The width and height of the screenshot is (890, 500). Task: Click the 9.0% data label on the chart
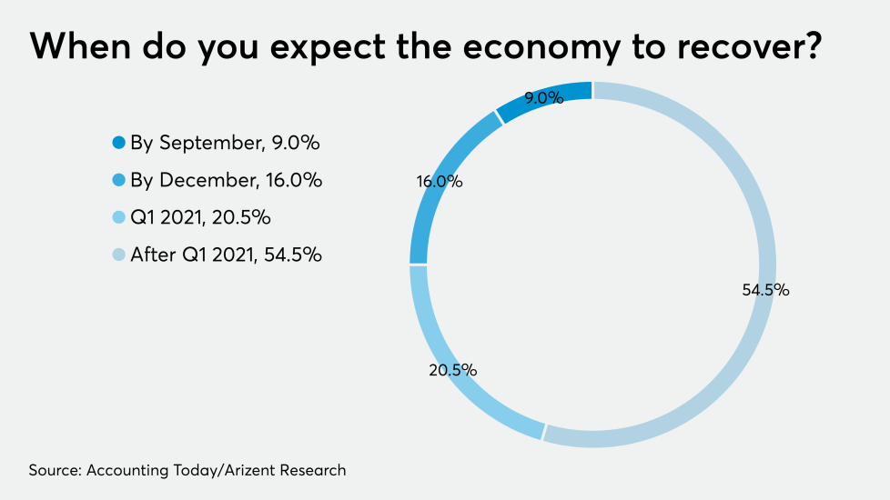pos(544,98)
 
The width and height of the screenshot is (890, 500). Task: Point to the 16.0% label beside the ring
pos(440,181)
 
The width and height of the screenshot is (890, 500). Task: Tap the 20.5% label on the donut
pos(453,370)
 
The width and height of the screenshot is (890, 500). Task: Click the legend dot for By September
pos(118,143)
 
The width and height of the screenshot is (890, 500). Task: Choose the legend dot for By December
pos(118,180)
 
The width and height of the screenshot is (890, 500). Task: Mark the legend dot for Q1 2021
pos(118,217)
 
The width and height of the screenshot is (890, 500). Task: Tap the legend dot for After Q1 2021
pos(118,255)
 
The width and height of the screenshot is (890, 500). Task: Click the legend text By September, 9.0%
pos(226,143)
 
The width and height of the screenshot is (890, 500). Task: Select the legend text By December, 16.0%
pos(227,180)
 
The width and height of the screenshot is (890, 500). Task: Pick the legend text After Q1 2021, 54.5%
pos(227,255)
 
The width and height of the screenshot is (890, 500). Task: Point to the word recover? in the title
pos(751,45)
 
